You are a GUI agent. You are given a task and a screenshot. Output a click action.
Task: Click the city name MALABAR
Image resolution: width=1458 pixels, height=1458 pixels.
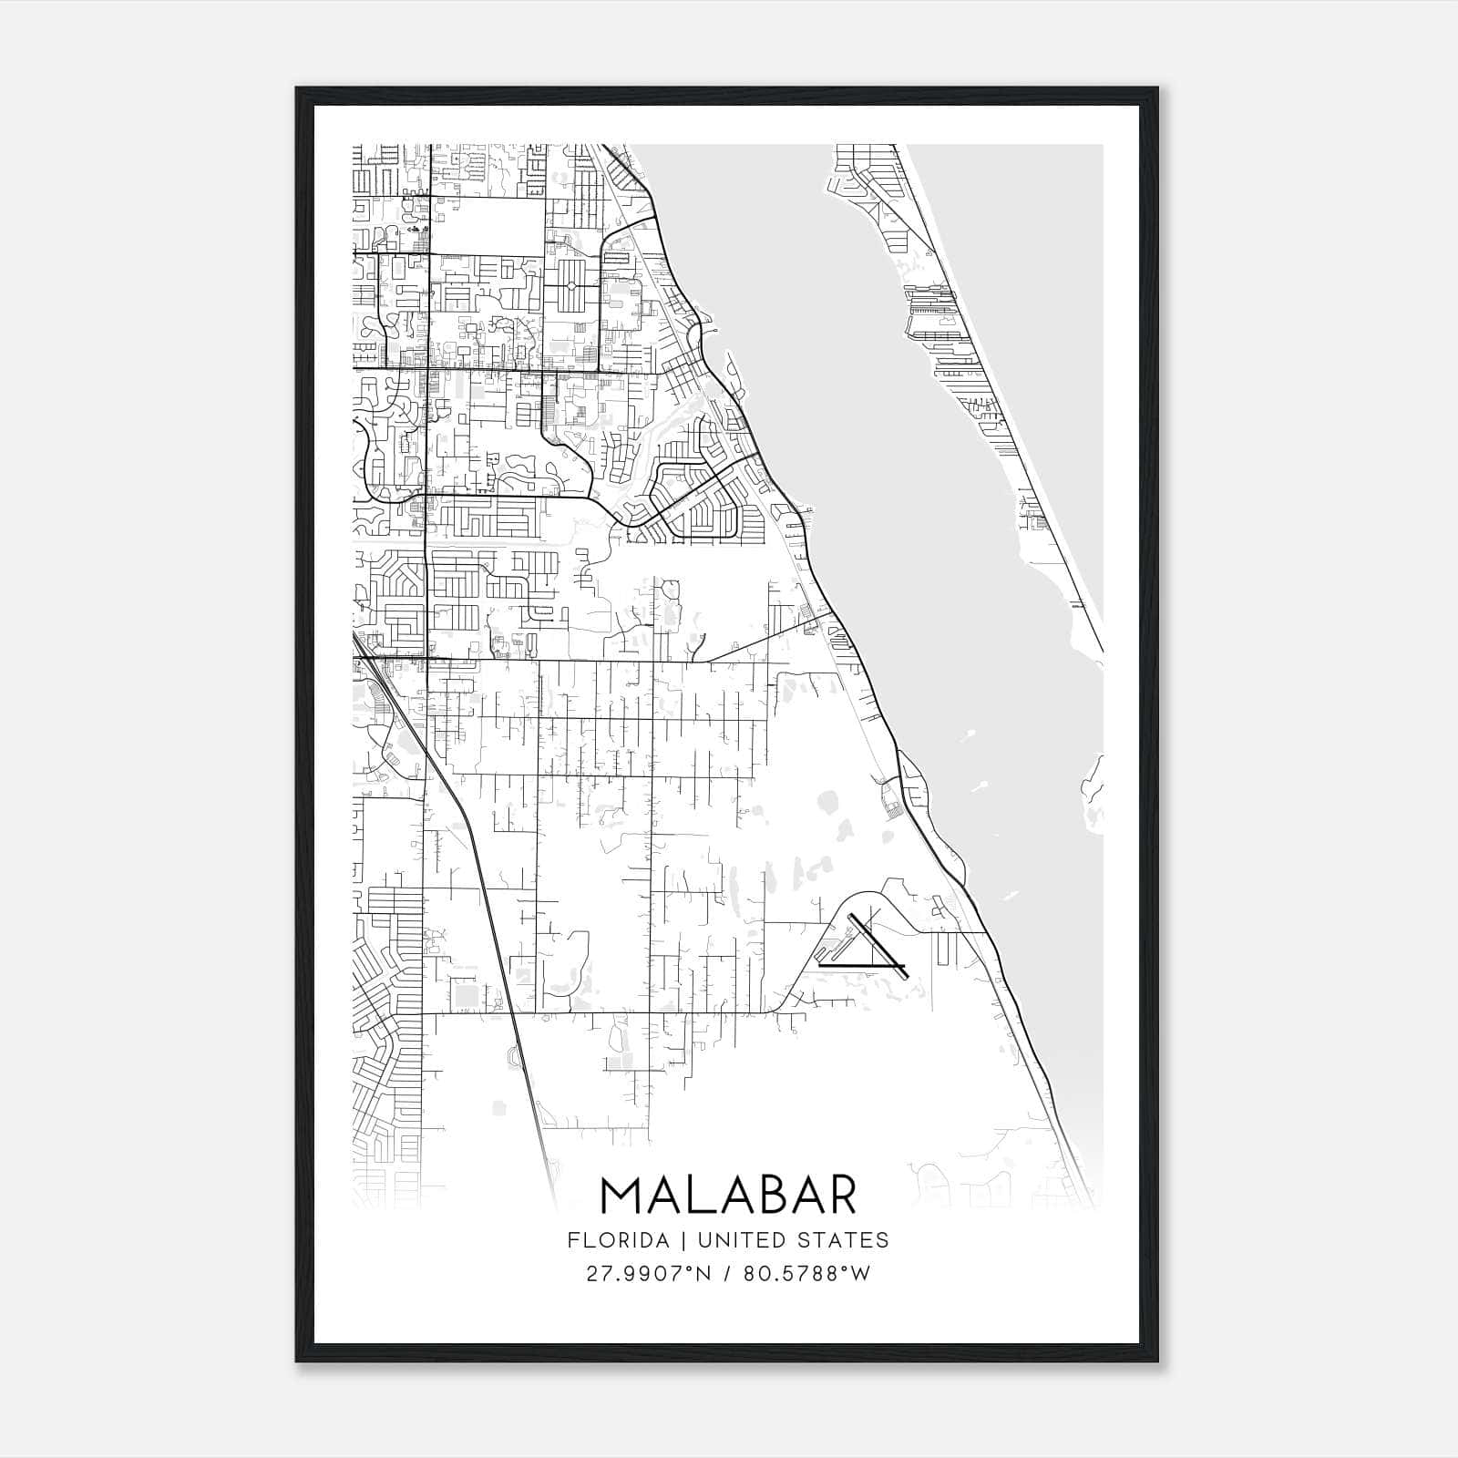728,1195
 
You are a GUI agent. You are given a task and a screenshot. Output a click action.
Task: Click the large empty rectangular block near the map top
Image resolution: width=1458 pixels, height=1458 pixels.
486,225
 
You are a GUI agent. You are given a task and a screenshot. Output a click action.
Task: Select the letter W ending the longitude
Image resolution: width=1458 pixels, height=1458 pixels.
861,1274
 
